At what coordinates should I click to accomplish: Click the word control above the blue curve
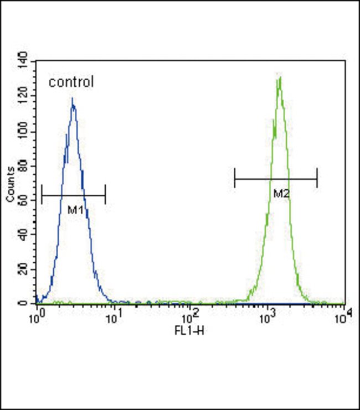(71, 83)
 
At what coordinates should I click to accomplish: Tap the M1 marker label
(75, 210)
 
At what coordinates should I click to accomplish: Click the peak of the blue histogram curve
(73, 100)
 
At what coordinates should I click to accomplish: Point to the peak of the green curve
(280, 77)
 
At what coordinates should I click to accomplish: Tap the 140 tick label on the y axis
(23, 60)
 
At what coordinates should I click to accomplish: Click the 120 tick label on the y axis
(23, 97)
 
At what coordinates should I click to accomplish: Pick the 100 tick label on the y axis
(23, 132)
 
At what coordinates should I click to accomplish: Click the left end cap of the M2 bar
(235, 179)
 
